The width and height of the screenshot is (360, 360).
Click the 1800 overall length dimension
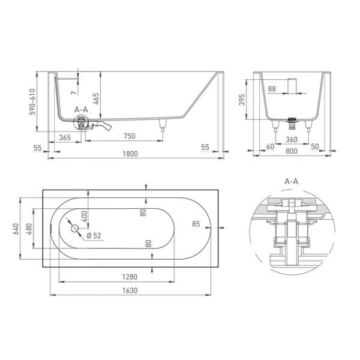[x=130, y=154]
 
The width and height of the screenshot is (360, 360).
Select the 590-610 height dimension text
[x=32, y=102]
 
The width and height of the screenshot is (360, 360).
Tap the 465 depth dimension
[x=97, y=99]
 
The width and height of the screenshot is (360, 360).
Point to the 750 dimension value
[x=130, y=136]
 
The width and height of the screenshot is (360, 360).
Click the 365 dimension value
[x=65, y=137]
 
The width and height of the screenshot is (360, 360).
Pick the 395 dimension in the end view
[x=242, y=100]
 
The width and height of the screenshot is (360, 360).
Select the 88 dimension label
[x=272, y=89]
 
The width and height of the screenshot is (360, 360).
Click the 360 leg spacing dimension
[x=292, y=139]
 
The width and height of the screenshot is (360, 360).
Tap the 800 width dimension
[x=292, y=151]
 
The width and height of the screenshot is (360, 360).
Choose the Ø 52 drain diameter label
[x=94, y=236]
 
